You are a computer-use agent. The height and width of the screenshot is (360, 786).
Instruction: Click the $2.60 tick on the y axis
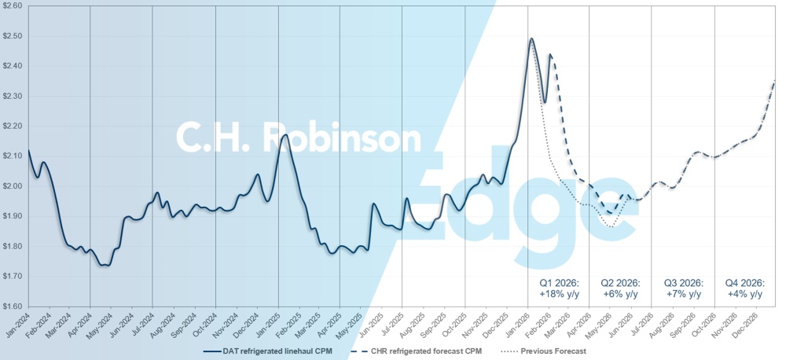pos(13,6)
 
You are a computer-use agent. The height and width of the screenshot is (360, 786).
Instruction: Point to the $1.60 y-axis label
pos(13,307)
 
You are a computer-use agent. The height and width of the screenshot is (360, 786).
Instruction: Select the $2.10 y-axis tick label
pos(13,156)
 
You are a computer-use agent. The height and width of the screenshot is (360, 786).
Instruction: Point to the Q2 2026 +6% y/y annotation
pos(620,288)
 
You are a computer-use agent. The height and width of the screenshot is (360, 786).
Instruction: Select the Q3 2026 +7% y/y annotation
pos(683,288)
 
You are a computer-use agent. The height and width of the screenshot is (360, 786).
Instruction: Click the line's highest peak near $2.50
pos(532,39)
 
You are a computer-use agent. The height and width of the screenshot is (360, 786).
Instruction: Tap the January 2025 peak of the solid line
pos(285,135)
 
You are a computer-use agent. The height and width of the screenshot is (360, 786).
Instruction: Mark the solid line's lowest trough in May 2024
pos(105,266)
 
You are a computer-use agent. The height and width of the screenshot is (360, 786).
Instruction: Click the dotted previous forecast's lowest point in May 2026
pos(610,227)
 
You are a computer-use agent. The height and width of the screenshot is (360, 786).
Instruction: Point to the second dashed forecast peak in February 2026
pos(550,54)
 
